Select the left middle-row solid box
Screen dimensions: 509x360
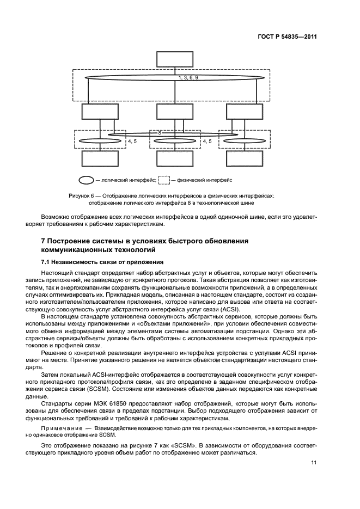pos(100,112)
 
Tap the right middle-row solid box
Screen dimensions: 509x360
pos(245,112)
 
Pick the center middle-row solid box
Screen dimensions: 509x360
pos(174,112)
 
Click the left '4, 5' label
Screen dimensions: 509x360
pos(133,142)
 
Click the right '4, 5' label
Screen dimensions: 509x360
pos(208,142)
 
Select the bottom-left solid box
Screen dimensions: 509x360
pos(100,159)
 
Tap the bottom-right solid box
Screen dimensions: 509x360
pos(245,159)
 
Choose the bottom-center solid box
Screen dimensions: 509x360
pos(174,159)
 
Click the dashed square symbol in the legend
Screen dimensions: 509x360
pos(164,179)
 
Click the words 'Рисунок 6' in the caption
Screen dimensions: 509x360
pos(83,195)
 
